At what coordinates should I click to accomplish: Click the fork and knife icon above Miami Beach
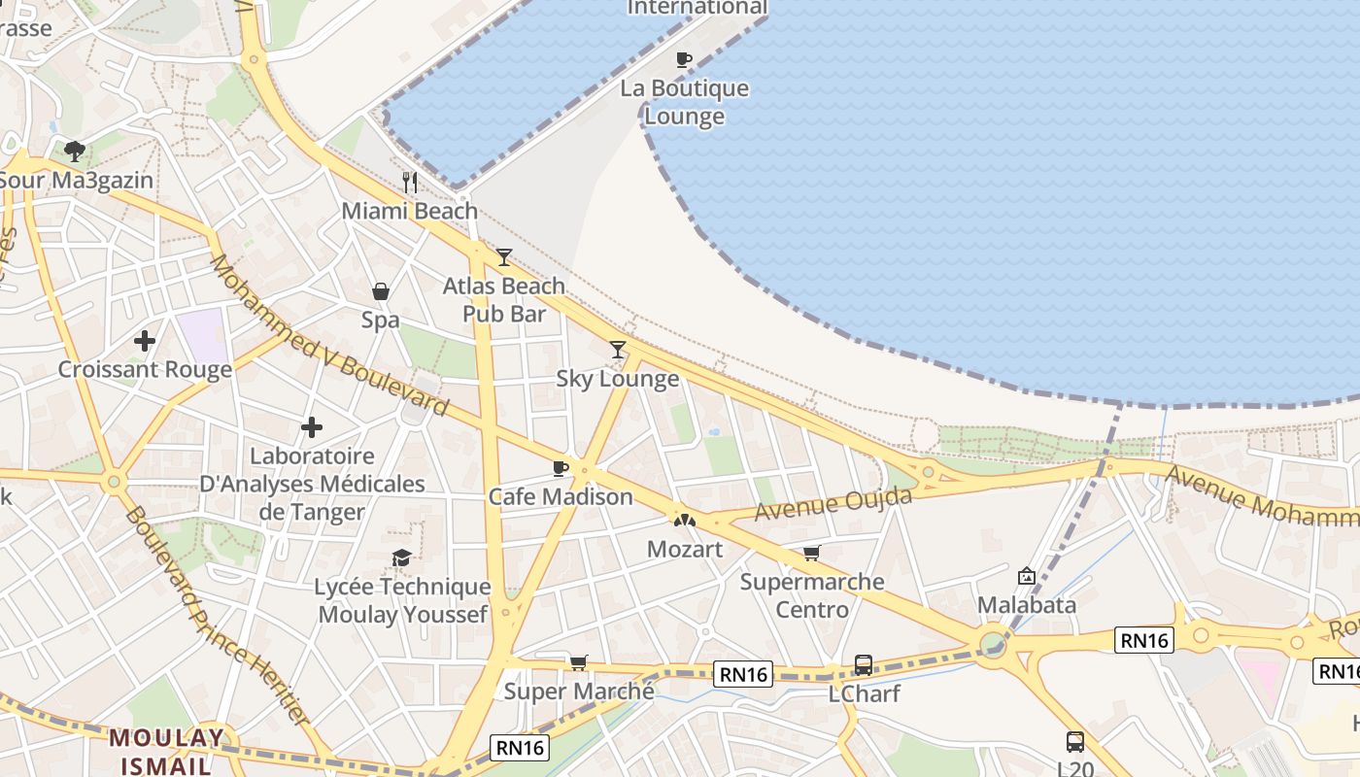pyautogui.click(x=410, y=182)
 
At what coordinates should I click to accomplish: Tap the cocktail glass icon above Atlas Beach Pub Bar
pyautogui.click(x=504, y=257)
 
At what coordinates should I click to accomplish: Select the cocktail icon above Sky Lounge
pyautogui.click(x=618, y=350)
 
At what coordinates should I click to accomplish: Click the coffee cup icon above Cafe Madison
pyautogui.click(x=561, y=469)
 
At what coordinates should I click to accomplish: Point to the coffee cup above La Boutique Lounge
pyautogui.click(x=684, y=59)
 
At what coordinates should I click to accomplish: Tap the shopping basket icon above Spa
pyautogui.click(x=381, y=291)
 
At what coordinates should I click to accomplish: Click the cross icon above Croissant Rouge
pyautogui.click(x=145, y=341)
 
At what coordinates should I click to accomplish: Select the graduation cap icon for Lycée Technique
pyautogui.click(x=401, y=557)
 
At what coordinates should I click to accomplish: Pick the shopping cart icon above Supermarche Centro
pyautogui.click(x=812, y=554)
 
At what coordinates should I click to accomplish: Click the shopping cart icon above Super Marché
pyautogui.click(x=579, y=662)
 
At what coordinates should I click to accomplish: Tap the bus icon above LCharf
pyautogui.click(x=863, y=665)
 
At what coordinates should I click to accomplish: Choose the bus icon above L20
pyautogui.click(x=1075, y=742)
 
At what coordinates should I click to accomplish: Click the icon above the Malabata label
pyautogui.click(x=1026, y=576)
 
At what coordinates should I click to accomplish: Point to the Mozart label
pyautogui.click(x=685, y=549)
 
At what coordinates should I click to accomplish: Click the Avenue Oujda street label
pyautogui.click(x=833, y=504)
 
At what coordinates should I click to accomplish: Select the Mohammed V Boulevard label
pyautogui.click(x=328, y=335)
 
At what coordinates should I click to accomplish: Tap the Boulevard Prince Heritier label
pyautogui.click(x=216, y=617)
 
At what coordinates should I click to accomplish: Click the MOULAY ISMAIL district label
pyautogui.click(x=166, y=751)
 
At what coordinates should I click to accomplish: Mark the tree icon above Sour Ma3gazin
pyautogui.click(x=75, y=151)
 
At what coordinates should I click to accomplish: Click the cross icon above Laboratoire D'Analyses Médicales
pyautogui.click(x=312, y=427)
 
